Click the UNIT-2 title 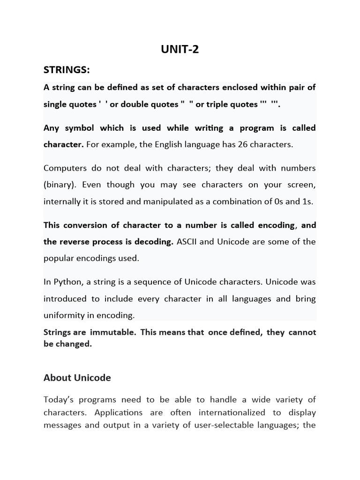pyautogui.click(x=180, y=49)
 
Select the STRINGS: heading pyautogui.click(x=67, y=70)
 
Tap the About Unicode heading pyautogui.click(x=77, y=377)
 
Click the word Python pyautogui.click(x=67, y=282)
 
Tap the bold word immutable pyautogui.click(x=108, y=332)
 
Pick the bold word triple pyautogui.click(x=220, y=105)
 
